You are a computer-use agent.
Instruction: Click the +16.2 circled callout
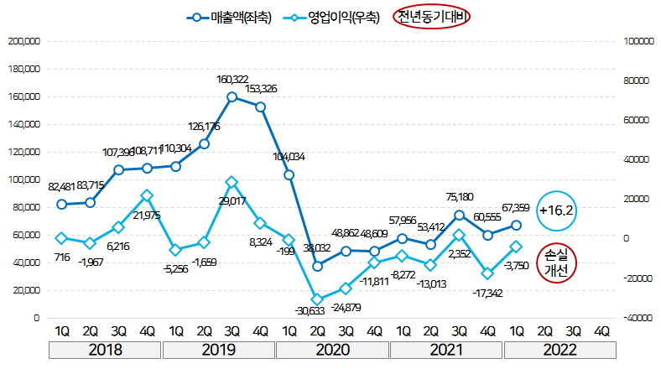pos(556,210)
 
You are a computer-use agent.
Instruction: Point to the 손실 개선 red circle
pos(556,262)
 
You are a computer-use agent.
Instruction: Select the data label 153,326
pos(262,89)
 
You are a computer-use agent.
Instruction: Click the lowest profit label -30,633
pos(310,311)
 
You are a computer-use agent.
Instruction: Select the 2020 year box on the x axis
pos(333,350)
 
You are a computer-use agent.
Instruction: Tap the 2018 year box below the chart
pos(105,350)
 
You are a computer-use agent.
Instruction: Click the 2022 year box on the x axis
pos(559,350)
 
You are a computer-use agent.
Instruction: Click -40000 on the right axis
pos(637,319)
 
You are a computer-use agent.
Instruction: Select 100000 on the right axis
pos(637,41)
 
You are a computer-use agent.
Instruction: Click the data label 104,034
pos(289,157)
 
